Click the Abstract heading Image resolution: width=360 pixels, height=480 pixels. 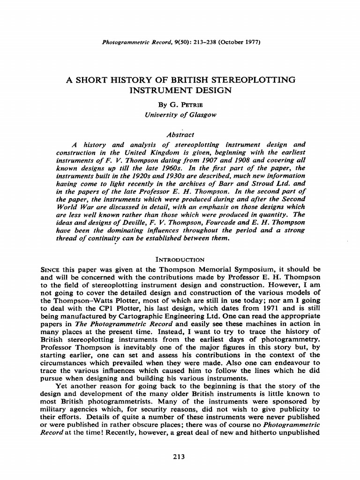(180, 135)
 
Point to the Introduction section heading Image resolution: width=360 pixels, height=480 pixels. (180, 259)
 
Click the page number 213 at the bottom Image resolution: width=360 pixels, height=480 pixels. (180, 457)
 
